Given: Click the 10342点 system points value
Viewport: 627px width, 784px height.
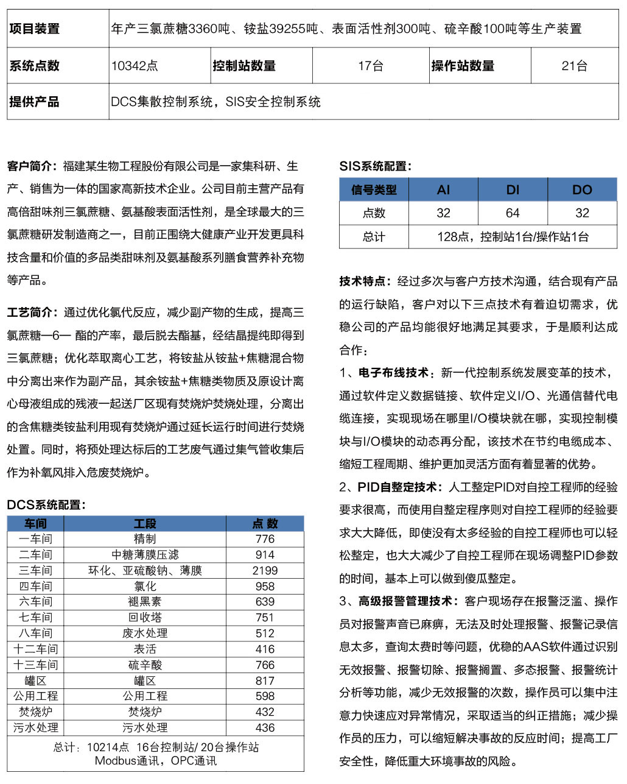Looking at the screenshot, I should pos(135,66).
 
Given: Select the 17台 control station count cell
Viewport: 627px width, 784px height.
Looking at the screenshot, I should pos(370,66).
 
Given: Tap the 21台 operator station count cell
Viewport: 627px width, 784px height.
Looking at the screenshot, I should pos(574,66).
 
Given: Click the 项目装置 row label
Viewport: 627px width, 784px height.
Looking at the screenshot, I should pos(35,29).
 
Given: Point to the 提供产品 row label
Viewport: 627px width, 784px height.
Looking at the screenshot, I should pos(35,102).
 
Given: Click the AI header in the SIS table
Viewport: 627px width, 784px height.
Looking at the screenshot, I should pos(443,189).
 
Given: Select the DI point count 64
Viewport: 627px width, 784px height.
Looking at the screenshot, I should pos(513,213).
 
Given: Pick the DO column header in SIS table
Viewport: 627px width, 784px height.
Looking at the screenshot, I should pos(582,189).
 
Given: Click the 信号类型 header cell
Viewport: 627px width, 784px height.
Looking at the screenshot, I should pos(374,189).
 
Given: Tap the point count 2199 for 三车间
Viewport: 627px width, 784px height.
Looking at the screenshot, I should pos(265,571).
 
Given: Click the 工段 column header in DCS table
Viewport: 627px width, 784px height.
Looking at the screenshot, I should pos(145,523).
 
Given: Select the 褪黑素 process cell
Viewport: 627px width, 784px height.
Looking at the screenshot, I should pos(145,602).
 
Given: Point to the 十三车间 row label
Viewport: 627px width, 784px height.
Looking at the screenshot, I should pos(35,665).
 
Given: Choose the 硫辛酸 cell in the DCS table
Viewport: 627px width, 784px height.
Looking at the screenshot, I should pos(145,665).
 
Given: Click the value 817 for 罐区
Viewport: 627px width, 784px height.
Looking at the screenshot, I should pos(265,680).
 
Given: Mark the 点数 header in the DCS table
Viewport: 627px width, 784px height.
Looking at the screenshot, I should pos(265,523).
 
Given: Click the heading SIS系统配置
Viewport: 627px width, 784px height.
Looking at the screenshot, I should pos(375,166).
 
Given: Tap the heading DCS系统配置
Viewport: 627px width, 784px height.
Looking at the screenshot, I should pos(46,504).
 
